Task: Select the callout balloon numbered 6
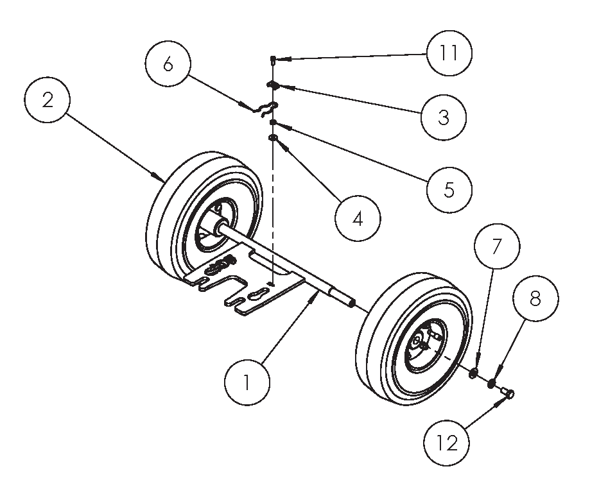(x=168, y=65)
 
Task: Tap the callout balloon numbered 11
(x=449, y=53)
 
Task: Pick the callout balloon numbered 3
(x=444, y=117)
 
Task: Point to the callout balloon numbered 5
(x=449, y=189)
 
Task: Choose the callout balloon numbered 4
(x=358, y=218)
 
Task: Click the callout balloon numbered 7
(x=497, y=246)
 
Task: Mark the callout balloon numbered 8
(x=535, y=298)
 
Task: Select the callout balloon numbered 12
(x=447, y=443)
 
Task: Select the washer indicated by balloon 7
(x=473, y=373)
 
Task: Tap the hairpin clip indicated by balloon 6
(x=261, y=108)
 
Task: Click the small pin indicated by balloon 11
(x=274, y=60)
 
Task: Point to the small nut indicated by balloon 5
(x=274, y=122)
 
